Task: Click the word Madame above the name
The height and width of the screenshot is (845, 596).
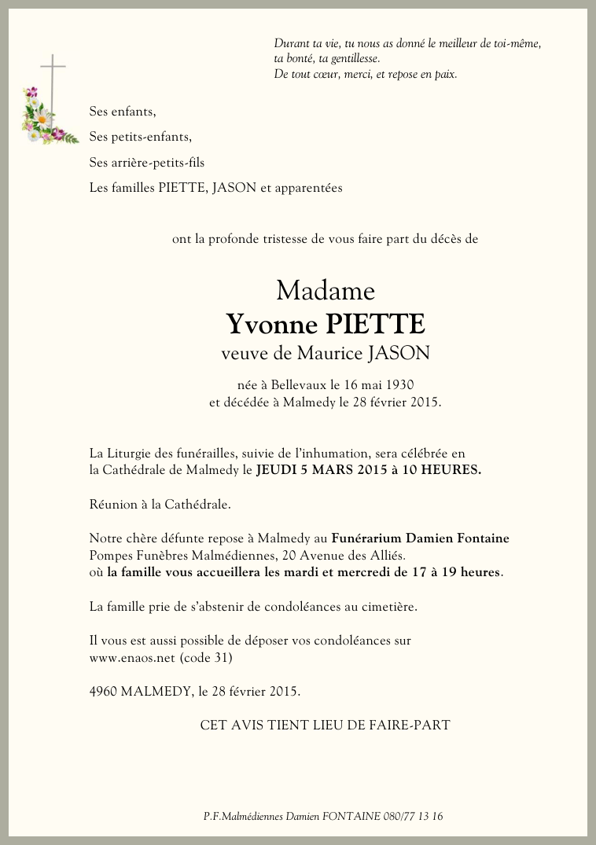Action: click(326, 292)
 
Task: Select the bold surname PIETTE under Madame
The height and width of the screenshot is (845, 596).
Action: click(372, 324)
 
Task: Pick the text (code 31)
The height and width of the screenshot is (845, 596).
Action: click(207, 657)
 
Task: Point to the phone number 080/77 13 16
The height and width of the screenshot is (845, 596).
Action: click(414, 816)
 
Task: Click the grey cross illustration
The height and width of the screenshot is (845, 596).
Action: click(53, 79)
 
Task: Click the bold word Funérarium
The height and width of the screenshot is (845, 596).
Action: click(367, 538)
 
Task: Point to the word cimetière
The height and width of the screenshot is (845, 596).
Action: click(386, 607)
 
